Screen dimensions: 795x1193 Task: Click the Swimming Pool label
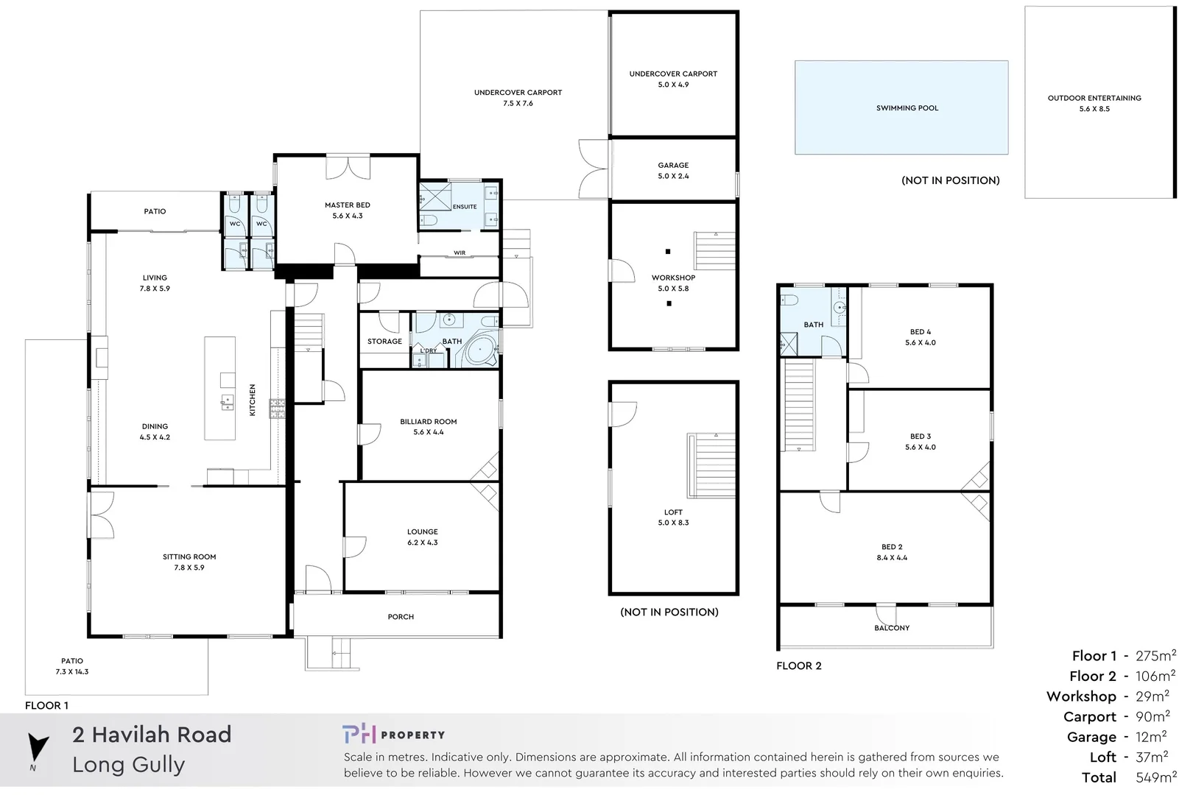click(907, 108)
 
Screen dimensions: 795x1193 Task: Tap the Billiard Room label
click(428, 422)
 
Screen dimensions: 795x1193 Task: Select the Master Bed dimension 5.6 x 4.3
click(347, 216)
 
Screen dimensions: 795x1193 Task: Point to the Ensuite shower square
click(433, 196)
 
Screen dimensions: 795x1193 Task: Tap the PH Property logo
click(393, 734)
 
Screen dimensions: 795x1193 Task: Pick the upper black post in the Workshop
click(668, 252)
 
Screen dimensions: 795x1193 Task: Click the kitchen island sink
click(227, 402)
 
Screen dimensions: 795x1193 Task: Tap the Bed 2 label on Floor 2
click(891, 547)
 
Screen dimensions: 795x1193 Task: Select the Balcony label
click(891, 628)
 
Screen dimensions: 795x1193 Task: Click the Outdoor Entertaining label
click(1094, 98)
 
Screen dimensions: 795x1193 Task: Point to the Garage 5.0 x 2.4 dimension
click(673, 177)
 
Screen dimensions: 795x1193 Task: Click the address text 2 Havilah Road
click(152, 735)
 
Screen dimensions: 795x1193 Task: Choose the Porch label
click(401, 617)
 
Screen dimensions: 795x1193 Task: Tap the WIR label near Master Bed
click(460, 252)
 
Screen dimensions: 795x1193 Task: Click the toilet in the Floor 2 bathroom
click(789, 300)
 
